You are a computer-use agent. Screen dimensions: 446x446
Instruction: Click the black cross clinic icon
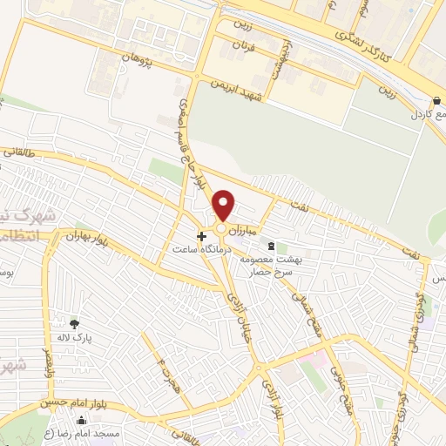click(x=201, y=236)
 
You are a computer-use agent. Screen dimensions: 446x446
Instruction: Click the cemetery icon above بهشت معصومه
click(x=270, y=246)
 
